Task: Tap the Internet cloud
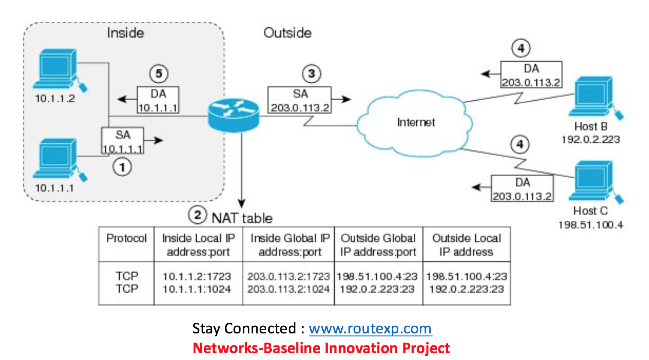(415, 123)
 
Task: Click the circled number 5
(159, 74)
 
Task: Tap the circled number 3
(312, 74)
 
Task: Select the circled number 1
(122, 167)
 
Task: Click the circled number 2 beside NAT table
(197, 215)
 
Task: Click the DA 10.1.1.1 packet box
(158, 100)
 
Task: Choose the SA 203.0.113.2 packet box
(300, 100)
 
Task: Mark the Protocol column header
(126, 238)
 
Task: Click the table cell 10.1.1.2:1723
(197, 276)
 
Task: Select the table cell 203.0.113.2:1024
(288, 289)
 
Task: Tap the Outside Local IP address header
(466, 245)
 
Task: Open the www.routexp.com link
(370, 329)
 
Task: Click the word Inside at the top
(125, 33)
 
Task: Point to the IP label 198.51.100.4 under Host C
(590, 225)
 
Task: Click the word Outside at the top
(287, 33)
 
